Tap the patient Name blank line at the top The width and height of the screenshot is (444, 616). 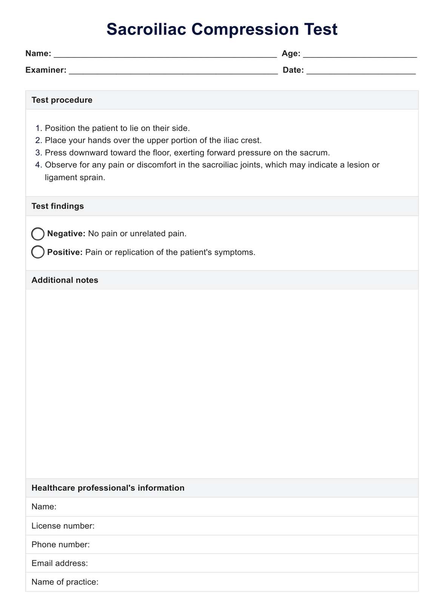tap(165, 54)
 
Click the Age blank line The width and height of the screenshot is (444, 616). tap(359, 54)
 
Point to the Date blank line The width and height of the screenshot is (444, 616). tap(361, 71)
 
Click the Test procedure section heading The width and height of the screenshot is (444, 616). tap(62, 100)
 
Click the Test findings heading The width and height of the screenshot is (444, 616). tap(58, 206)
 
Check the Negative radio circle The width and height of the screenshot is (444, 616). tap(38, 234)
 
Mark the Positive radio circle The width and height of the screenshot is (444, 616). tap(38, 252)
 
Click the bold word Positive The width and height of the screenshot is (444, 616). tap(65, 252)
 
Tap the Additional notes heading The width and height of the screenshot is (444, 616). tap(65, 280)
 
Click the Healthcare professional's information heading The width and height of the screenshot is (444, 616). tap(108, 488)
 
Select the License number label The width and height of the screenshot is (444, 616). tap(63, 526)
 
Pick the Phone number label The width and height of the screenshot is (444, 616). tap(61, 545)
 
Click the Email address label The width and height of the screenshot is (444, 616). tap(60, 563)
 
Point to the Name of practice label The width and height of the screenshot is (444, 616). tap(65, 582)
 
